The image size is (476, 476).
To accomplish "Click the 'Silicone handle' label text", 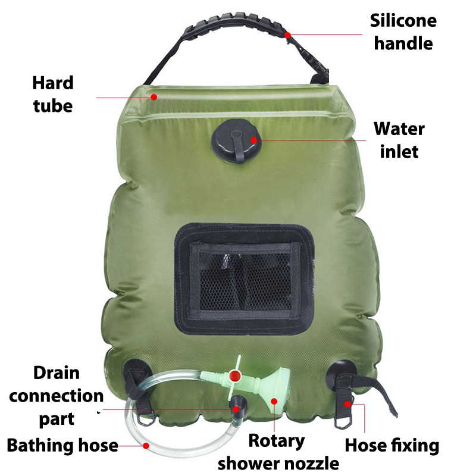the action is [x=403, y=32].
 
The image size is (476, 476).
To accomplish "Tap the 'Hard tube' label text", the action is [x=53, y=95].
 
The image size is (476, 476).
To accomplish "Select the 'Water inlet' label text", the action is [x=399, y=140].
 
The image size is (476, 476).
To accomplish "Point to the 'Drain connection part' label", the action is [x=57, y=396].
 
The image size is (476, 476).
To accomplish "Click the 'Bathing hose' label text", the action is [x=62, y=445].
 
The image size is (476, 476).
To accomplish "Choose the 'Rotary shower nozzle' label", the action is [x=278, y=452].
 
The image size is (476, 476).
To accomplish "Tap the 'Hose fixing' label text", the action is [x=392, y=445].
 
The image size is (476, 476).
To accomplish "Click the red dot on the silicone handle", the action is [x=287, y=36].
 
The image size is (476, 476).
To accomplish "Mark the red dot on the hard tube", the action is [x=154, y=97].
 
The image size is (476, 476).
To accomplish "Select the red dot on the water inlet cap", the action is [x=254, y=140].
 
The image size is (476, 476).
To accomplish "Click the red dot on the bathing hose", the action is [x=146, y=446].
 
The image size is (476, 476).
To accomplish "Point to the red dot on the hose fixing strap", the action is [x=347, y=404].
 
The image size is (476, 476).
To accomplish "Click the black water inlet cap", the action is [x=236, y=141].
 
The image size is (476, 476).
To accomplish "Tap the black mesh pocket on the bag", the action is [x=245, y=278].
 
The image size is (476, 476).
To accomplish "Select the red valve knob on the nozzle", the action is [x=234, y=376].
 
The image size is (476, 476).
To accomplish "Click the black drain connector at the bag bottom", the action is [x=237, y=405].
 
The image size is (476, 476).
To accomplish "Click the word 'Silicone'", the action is [x=403, y=21].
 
